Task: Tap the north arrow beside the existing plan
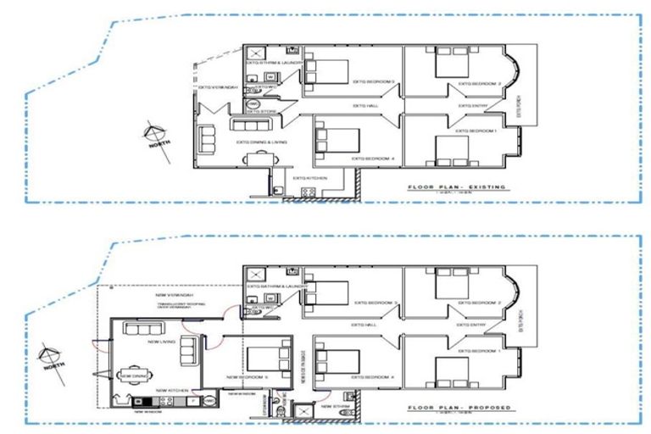[153, 135]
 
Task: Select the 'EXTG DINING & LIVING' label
[261, 142]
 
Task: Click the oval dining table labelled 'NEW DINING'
[135, 375]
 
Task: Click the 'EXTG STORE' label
[263, 110]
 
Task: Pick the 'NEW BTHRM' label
[336, 406]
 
